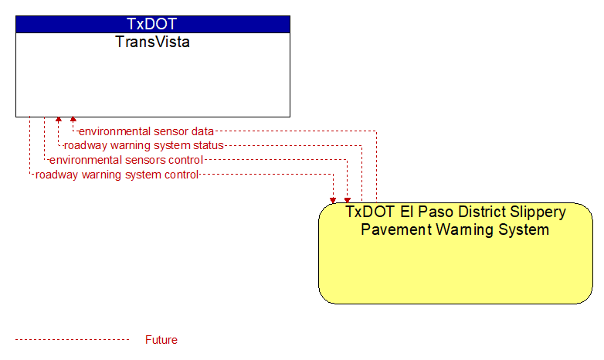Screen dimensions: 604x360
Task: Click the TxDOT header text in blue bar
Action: coord(152,24)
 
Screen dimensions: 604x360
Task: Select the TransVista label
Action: coord(152,42)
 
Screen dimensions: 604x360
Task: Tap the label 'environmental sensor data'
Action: coord(146,131)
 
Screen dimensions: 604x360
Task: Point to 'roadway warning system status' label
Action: coord(144,146)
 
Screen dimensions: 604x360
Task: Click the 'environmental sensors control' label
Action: coord(126,160)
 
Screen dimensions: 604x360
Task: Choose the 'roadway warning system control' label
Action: coord(117,175)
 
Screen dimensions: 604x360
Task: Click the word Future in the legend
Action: coord(161,340)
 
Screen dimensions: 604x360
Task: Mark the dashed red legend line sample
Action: coord(72,340)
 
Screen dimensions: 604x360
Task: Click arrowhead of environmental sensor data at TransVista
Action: coord(73,120)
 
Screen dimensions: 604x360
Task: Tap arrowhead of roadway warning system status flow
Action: coord(59,120)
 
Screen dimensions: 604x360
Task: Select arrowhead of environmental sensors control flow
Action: coord(348,200)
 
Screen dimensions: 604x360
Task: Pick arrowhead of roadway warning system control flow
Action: coord(333,200)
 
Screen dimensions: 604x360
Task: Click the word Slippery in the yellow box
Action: coord(538,212)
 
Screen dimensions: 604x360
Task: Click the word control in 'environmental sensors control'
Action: coord(186,160)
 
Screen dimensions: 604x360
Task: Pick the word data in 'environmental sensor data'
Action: coord(202,131)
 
